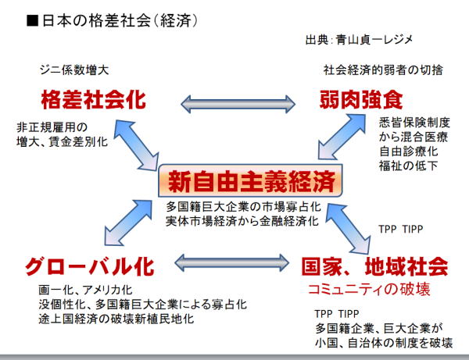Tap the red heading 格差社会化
click(95, 102)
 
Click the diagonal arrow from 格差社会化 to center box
click(142, 147)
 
